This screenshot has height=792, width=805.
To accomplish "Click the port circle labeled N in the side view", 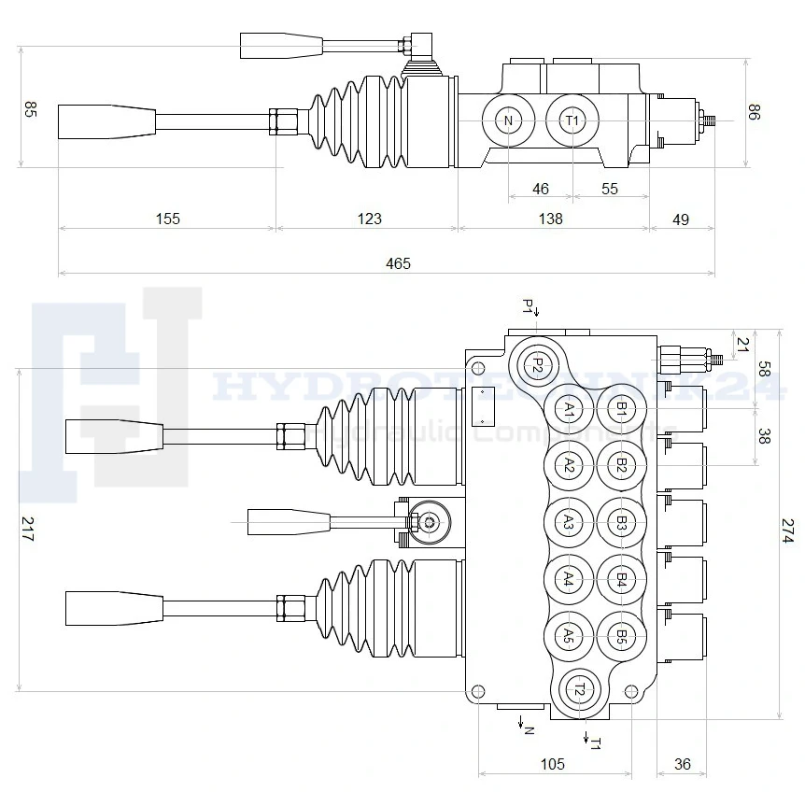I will (x=508, y=120).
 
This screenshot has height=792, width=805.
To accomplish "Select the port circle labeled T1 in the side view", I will (x=572, y=120).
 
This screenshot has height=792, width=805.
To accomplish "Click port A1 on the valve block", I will (x=568, y=409).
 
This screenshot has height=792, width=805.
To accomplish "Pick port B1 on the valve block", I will (x=621, y=409).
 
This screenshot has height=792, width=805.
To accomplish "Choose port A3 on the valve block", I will (x=568, y=523).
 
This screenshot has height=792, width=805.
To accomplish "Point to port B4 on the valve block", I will (x=621, y=580).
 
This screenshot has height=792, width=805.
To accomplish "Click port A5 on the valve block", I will (x=568, y=637).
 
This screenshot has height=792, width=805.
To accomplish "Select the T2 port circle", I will (x=581, y=690).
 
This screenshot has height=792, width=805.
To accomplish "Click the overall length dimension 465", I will (x=398, y=263).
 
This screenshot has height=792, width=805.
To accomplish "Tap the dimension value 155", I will (x=167, y=219).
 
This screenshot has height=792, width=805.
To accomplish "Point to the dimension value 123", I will (x=370, y=219).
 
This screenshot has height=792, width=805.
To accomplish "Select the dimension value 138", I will (x=551, y=219).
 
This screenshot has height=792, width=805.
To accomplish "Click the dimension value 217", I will (x=27, y=530).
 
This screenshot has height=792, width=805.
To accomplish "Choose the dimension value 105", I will (x=553, y=764).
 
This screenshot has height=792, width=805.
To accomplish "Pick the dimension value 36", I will (x=683, y=764).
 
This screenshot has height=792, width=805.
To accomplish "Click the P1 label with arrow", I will (x=529, y=306).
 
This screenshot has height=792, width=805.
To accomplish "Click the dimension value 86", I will (x=755, y=112).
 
